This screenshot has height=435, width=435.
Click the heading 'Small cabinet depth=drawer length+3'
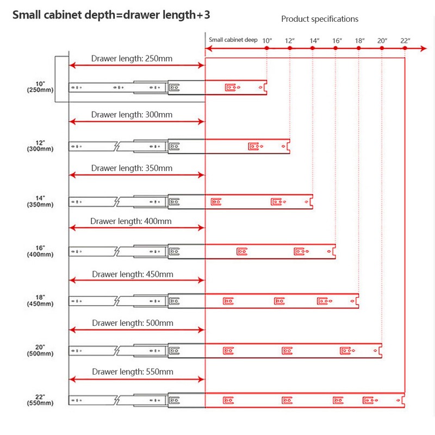coord(111,15)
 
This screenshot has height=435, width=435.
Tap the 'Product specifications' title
coord(320,19)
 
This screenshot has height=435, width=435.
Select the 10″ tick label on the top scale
coord(267,41)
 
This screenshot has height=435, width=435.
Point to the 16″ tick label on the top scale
coord(337,41)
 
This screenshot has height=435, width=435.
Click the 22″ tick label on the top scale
coord(405,41)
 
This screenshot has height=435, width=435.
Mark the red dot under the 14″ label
coord(313,48)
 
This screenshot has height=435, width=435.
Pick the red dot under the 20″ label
coord(382,48)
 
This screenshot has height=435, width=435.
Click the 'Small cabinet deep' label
coord(233,40)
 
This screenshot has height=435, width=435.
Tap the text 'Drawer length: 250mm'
coord(132,59)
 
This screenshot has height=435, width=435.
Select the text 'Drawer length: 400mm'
coord(131,221)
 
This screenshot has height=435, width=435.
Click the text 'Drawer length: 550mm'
coord(133,372)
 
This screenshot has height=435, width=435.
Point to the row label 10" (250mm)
coord(40,87)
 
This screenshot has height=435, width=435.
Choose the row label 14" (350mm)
coord(40,201)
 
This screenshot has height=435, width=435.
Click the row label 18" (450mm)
coord(40,301)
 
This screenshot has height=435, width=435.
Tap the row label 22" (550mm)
coord(40,400)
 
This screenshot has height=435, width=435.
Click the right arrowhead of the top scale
coord(424,48)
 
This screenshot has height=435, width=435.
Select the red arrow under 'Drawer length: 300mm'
coord(137,121)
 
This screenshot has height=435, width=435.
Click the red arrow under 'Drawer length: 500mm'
coord(137,330)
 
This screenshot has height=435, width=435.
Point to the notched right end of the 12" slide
coord(289,146)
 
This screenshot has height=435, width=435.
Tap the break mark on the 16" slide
coord(117,252)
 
